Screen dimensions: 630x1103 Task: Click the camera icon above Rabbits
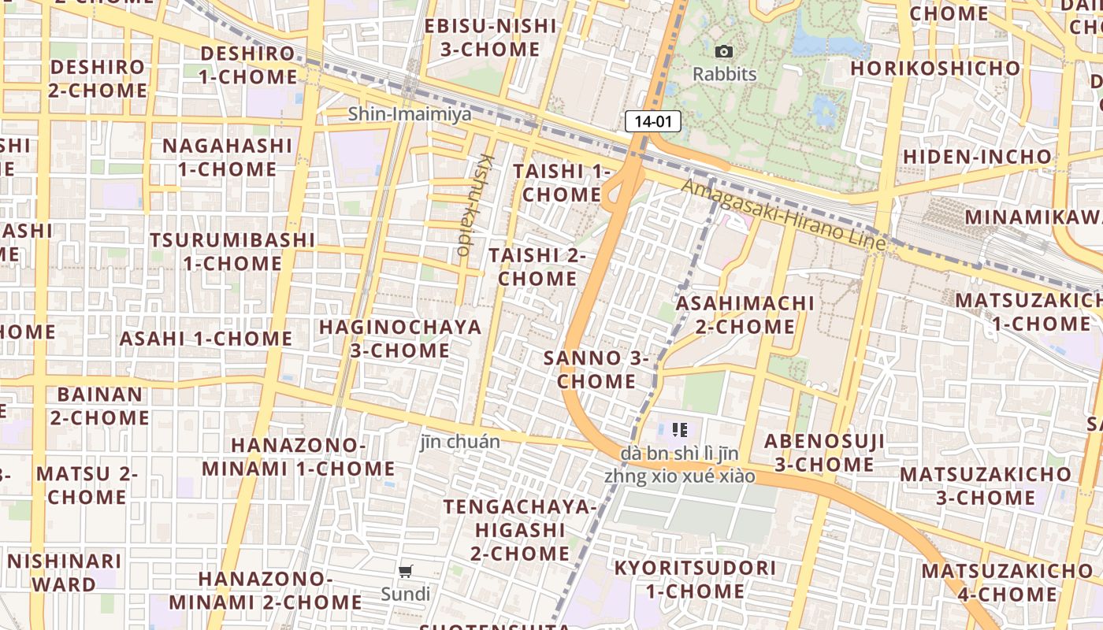pos(724,52)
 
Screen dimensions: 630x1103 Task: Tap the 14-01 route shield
pos(653,121)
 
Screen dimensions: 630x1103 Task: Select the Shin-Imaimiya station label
pos(410,114)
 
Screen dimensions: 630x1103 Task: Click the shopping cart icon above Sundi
pos(406,572)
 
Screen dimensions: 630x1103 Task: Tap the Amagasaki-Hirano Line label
pos(783,215)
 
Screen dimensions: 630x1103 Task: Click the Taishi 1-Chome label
pos(562,183)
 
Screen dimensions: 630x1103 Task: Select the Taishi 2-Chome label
pos(537,267)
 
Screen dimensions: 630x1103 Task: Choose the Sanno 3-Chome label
pos(596,369)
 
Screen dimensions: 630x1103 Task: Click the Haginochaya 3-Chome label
pos(399,339)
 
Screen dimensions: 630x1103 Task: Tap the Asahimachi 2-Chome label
pos(745,314)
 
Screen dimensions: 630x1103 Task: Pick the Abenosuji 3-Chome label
pos(824,453)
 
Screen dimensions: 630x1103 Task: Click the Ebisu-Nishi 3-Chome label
pos(490,37)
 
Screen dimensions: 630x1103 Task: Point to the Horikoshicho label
pos(935,69)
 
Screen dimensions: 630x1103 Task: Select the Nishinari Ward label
pos(65,573)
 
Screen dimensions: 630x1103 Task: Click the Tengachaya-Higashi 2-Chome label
pos(520,529)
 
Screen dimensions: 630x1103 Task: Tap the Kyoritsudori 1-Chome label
pos(695,580)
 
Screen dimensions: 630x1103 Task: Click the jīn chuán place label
pos(460,442)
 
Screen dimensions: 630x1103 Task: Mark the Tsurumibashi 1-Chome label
pos(232,251)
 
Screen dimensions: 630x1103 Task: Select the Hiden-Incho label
pos(977,157)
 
